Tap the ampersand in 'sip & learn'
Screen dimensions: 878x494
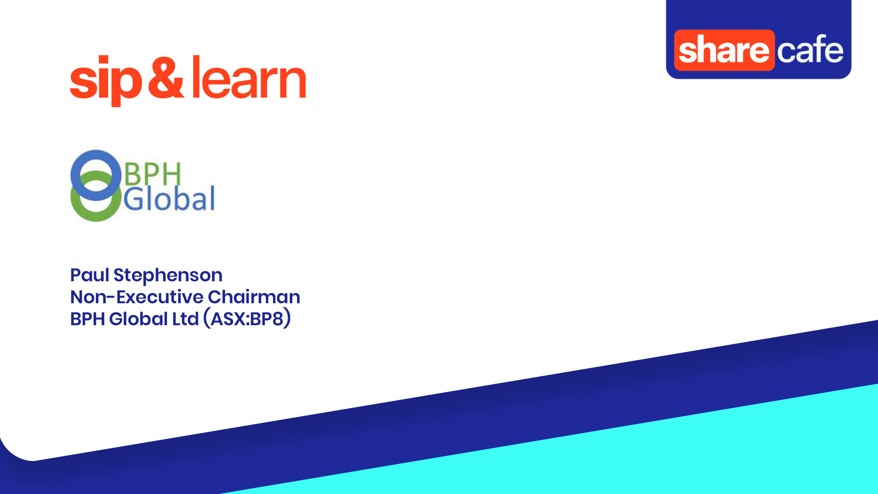166,78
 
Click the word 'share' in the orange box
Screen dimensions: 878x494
724,50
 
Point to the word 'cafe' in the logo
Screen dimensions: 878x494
810,49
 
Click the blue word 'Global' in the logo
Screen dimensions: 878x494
169,199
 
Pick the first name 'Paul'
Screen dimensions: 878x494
90,275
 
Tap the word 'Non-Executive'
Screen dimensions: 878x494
137,297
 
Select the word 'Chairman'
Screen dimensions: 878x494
254,297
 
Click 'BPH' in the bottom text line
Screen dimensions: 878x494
87,319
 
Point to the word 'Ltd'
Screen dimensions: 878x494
186,319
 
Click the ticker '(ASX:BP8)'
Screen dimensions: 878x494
247,319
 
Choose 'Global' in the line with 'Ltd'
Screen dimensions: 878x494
139,319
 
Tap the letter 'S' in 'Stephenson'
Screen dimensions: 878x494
119,275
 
